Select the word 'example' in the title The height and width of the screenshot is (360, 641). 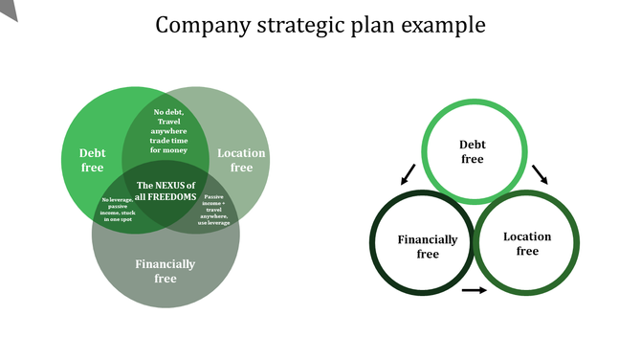pyautogui.click(x=442, y=24)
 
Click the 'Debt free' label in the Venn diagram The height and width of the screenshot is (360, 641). pyautogui.click(x=93, y=160)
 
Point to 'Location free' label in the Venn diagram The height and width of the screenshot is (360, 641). pyautogui.click(x=241, y=160)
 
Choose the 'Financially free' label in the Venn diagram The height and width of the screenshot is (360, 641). pyautogui.click(x=166, y=271)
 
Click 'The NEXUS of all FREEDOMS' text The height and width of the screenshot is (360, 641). pyautogui.click(x=166, y=191)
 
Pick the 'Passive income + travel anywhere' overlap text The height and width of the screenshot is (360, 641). pyautogui.click(x=214, y=207)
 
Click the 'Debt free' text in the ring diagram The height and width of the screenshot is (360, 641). pyautogui.click(x=473, y=151)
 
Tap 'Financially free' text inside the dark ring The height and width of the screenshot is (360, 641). pyautogui.click(x=428, y=247)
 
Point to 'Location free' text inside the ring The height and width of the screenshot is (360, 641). pyautogui.click(x=527, y=243)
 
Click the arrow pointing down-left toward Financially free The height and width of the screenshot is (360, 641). pyautogui.click(x=409, y=173)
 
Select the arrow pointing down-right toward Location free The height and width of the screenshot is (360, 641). pyautogui.click(x=541, y=173)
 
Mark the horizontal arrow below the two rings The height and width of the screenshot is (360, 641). pyautogui.click(x=474, y=290)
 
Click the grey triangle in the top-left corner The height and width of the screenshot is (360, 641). pyautogui.click(x=8, y=8)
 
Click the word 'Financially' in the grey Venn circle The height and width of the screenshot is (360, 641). pyautogui.click(x=166, y=264)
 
